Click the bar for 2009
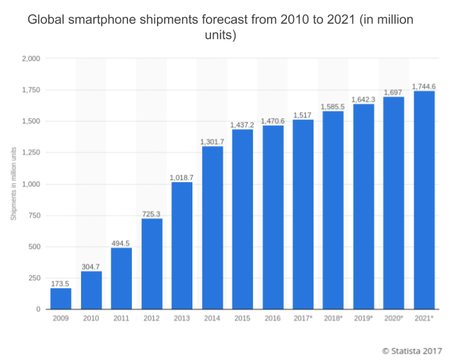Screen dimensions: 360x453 [60, 298]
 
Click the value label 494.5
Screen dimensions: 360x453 [122, 242]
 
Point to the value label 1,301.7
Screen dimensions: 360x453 [212, 141]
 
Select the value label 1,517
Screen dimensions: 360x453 [303, 114]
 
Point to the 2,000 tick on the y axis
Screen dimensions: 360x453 [31, 59]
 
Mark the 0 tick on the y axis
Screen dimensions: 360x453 [39, 309]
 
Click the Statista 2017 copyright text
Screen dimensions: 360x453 [412, 351]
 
